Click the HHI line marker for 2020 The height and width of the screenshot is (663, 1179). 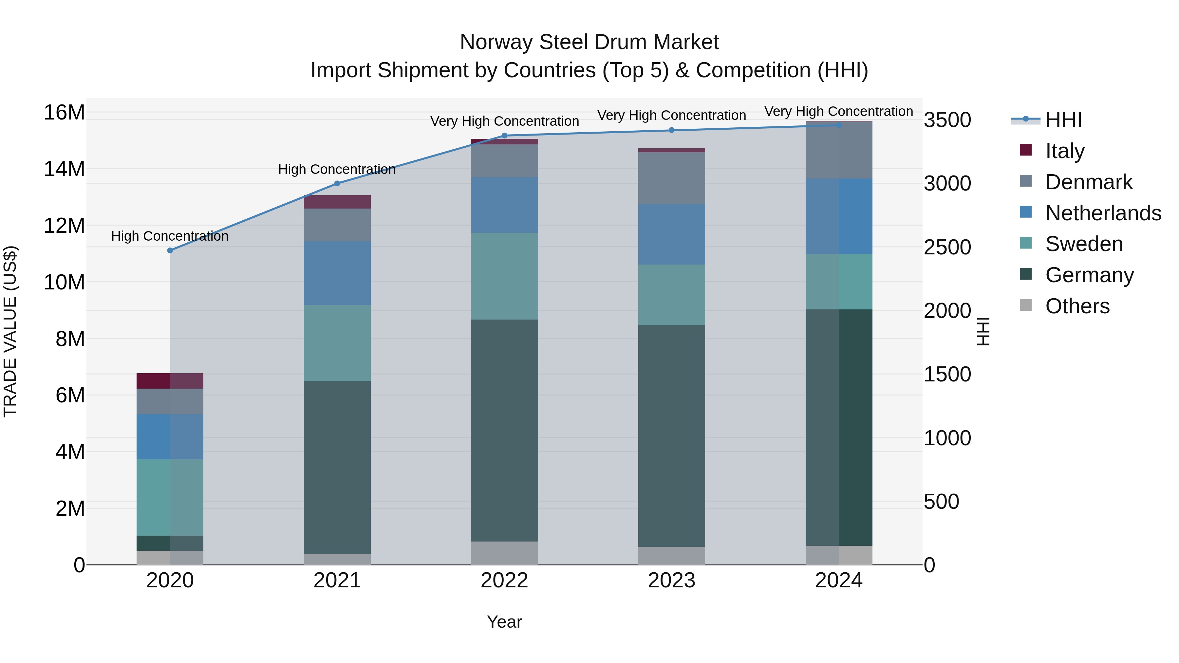170,250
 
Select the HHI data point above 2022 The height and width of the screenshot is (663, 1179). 504,136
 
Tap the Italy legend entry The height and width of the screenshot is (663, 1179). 1065,151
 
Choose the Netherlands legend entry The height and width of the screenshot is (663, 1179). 1103,213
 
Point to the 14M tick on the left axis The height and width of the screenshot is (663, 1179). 64,169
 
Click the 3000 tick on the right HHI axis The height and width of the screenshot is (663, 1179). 947,183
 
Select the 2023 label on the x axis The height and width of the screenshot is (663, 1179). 671,580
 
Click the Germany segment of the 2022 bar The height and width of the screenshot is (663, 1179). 504,430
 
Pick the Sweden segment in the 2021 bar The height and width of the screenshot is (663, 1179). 337,343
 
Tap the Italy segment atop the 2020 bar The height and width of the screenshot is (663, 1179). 170,381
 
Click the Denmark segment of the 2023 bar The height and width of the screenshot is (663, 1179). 671,178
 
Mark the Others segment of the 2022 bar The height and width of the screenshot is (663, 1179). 504,553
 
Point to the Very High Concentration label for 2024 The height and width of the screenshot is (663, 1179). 838,111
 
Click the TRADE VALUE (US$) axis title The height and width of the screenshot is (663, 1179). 10,331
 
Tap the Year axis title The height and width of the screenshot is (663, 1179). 504,622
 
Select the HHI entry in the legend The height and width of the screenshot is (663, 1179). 1063,120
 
